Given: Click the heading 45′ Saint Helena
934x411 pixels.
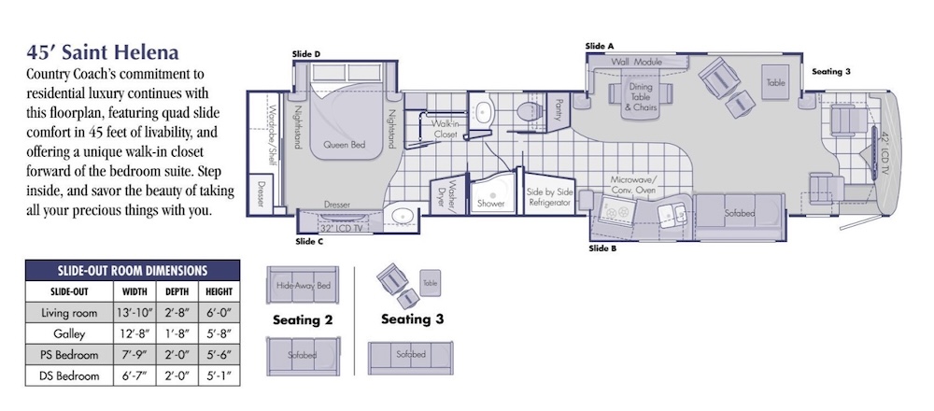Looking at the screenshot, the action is (x=103, y=52).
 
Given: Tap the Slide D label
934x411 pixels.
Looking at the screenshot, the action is (x=306, y=54).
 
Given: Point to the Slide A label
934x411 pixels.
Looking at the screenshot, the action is (x=600, y=46).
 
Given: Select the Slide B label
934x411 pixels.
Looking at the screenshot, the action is (x=602, y=248).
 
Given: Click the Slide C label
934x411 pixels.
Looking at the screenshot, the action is (x=309, y=241).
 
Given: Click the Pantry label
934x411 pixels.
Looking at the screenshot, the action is (x=559, y=109).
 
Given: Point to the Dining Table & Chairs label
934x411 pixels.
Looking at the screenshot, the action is (x=641, y=96).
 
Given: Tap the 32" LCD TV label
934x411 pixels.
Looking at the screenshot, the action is (x=336, y=228).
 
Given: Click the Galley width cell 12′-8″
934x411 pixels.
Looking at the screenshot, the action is (x=134, y=333).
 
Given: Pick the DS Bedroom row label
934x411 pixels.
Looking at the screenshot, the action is (x=69, y=376).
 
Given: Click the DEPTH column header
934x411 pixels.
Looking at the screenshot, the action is (x=177, y=291).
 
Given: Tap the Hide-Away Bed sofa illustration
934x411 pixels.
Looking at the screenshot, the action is (x=303, y=285).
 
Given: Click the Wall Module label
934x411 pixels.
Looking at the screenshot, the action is (x=637, y=62).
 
